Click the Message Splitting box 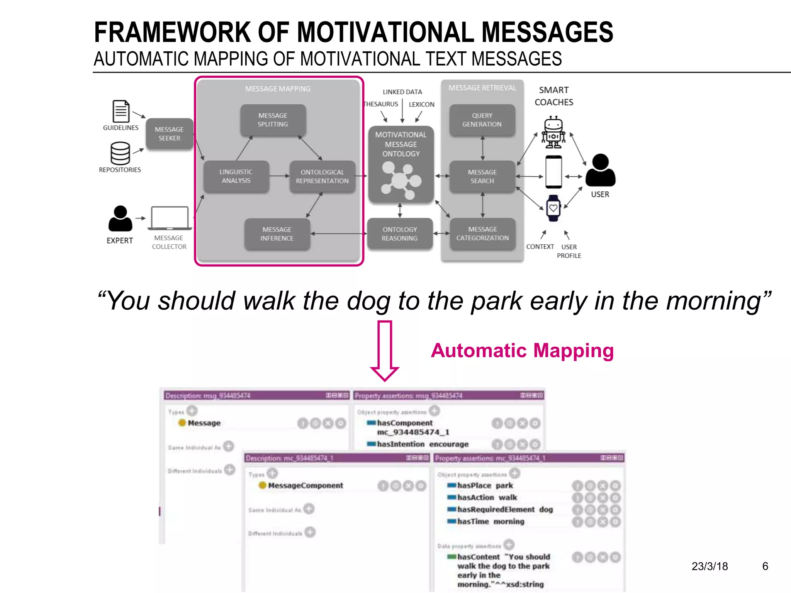[x=273, y=120]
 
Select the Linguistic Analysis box [x=236, y=176]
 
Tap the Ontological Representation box [x=322, y=176]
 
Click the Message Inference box [x=277, y=234]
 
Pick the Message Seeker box [x=169, y=134]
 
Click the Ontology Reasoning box [x=400, y=234]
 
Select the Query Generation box [x=482, y=120]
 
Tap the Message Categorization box [x=482, y=234]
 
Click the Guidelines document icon [x=121, y=111]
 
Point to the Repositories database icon [x=120, y=153]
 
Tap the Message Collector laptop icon [x=170, y=218]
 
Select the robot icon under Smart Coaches [x=553, y=132]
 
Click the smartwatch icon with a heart [x=553, y=208]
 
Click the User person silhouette [x=600, y=170]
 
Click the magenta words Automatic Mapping [x=522, y=351]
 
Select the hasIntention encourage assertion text [x=423, y=444]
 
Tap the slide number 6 [x=765, y=566]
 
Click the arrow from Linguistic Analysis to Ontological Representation [x=279, y=176]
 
